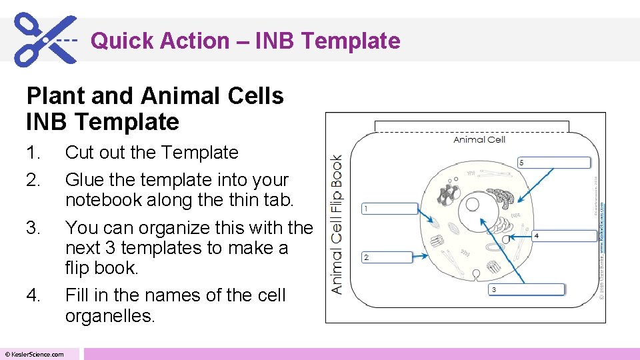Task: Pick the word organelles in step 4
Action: click(109, 315)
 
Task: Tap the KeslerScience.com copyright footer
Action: click(35, 354)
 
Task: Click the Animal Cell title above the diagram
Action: click(479, 139)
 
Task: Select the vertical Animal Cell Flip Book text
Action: click(337, 224)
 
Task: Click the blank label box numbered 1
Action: click(389, 209)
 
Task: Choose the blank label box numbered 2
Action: click(389, 257)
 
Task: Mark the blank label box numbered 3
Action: click(527, 289)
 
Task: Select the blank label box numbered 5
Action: click(553, 163)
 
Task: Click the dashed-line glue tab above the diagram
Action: click(471, 127)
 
